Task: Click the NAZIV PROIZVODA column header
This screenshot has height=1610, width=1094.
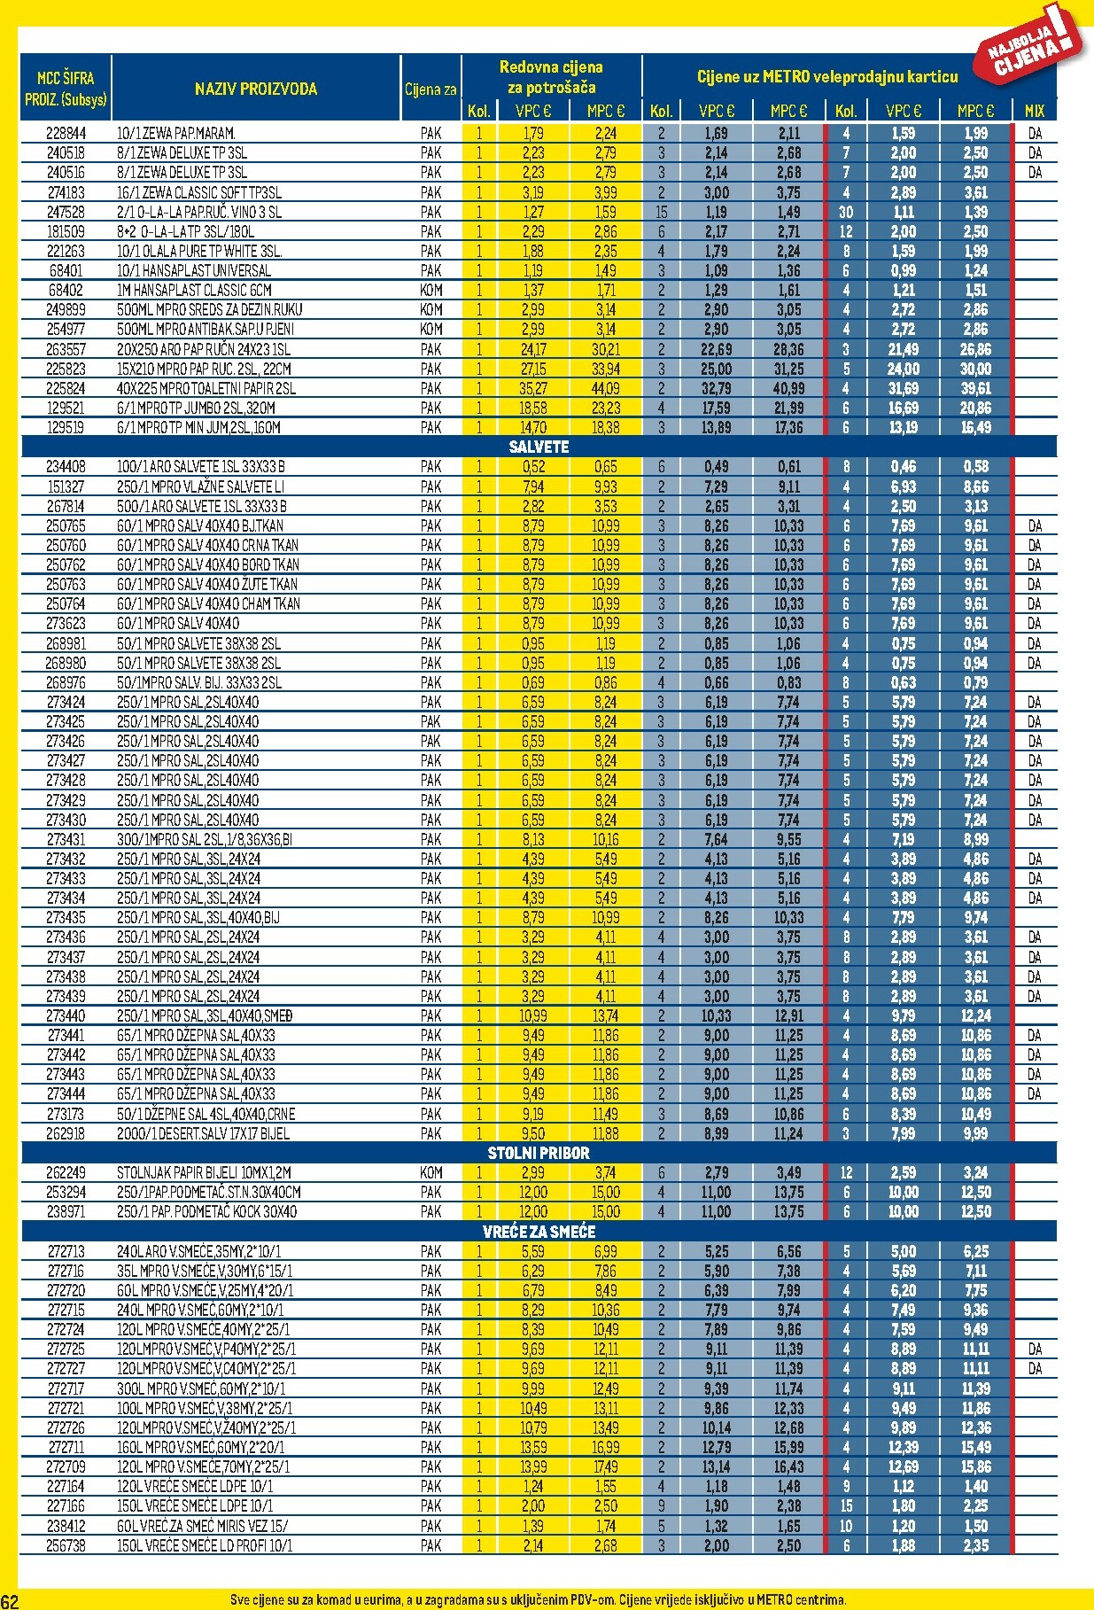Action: point(255,89)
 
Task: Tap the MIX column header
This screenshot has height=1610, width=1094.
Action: point(1034,112)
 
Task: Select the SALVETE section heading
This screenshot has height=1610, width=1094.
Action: point(539,447)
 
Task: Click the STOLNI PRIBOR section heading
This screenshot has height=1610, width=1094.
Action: point(539,1153)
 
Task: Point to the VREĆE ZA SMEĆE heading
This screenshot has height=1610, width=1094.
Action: point(539,1232)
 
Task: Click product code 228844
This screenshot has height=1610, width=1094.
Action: point(66,134)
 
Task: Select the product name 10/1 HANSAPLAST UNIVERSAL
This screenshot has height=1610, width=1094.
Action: point(194,270)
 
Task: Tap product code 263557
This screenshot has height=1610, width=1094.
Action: point(66,349)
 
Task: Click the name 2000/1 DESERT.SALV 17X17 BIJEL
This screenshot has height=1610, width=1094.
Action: point(203,1133)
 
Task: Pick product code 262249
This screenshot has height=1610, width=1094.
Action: point(66,1172)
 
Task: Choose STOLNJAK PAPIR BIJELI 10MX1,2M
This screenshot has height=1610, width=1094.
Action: point(204,1172)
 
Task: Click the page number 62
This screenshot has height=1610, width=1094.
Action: point(10,1600)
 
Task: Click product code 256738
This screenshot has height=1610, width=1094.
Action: point(66,1545)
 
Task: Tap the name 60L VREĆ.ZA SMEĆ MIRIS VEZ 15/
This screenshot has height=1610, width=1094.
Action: point(202,1526)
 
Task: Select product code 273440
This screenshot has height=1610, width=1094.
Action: point(66,1015)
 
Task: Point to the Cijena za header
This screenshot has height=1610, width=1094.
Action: point(431,89)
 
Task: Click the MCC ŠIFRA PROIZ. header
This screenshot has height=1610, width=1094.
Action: point(66,89)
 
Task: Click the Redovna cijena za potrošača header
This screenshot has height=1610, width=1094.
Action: point(551,77)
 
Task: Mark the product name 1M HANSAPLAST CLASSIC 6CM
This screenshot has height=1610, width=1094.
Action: point(194,290)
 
